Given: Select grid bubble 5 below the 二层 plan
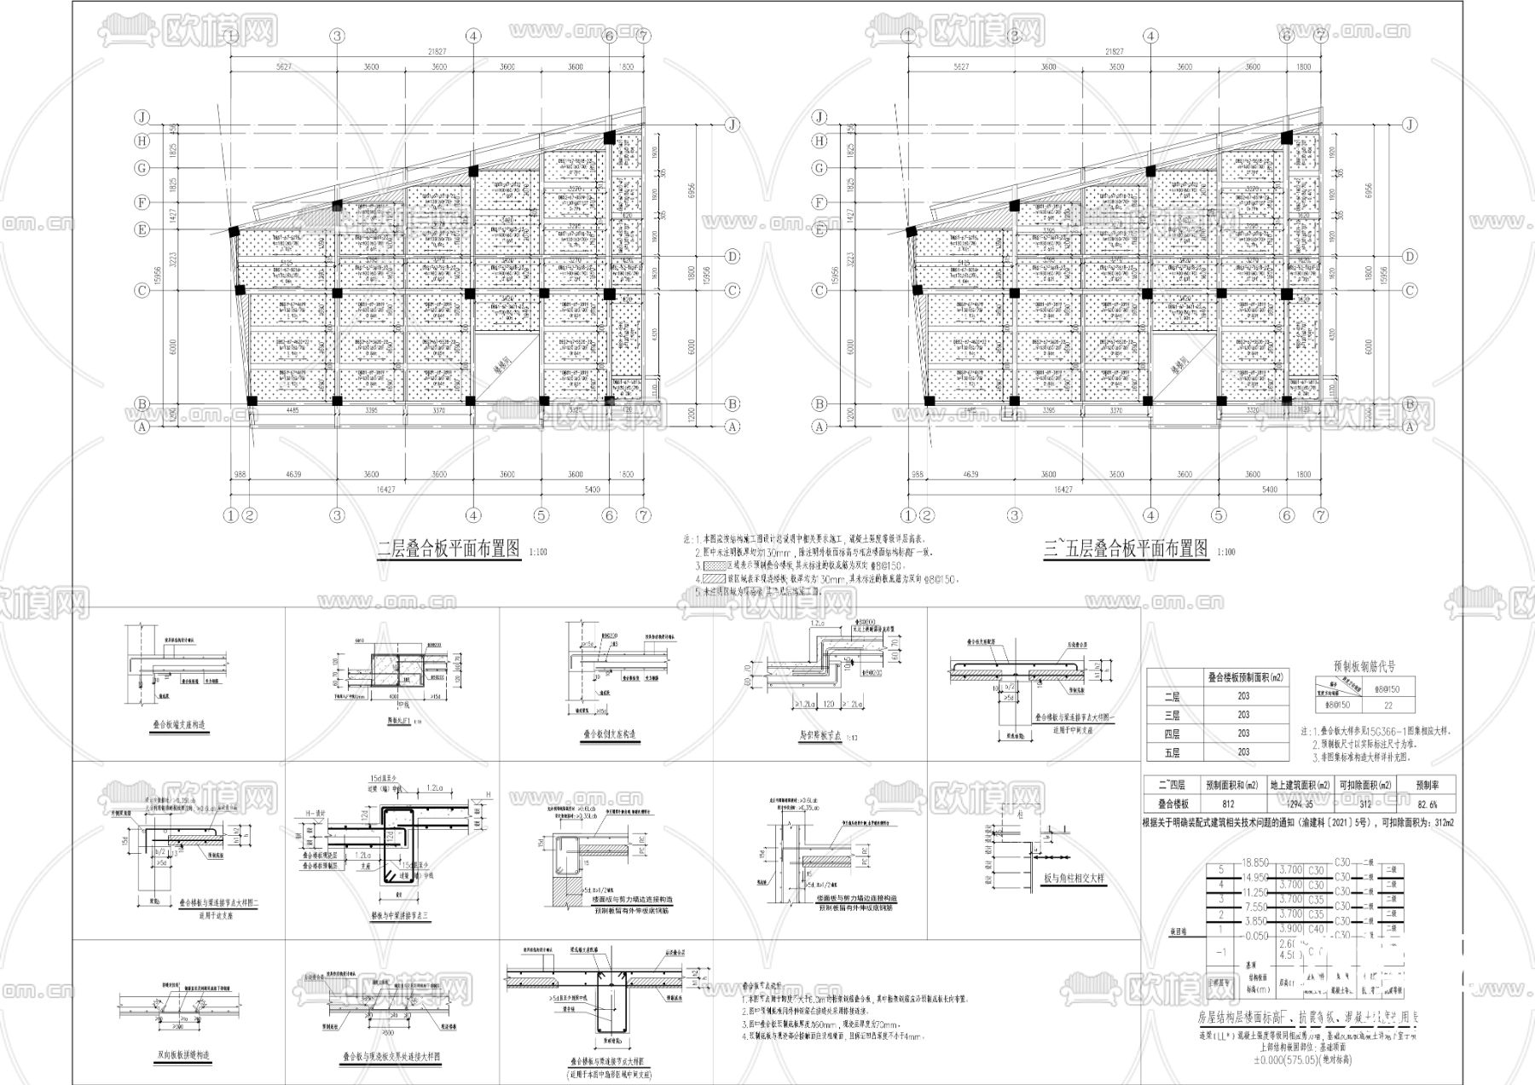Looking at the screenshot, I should [542, 515].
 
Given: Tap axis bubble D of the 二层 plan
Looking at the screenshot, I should [732, 257].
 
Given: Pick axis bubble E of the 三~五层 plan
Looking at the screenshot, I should [820, 229].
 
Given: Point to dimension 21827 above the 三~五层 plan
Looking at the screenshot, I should [1110, 51].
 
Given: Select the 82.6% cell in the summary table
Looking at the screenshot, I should [1427, 804].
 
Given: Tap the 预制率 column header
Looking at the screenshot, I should [1427, 785].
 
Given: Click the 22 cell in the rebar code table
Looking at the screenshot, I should [1388, 705].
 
